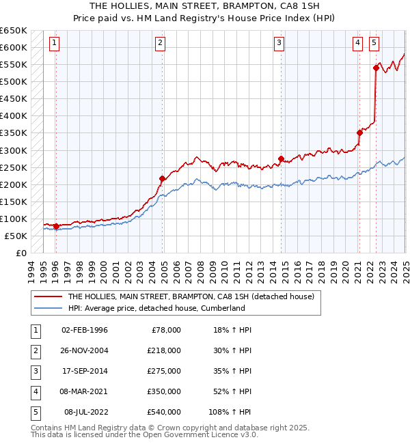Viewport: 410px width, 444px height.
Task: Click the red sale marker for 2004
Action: [162, 179]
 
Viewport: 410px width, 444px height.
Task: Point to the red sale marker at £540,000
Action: [376, 67]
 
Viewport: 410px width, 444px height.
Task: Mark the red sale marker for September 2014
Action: [281, 158]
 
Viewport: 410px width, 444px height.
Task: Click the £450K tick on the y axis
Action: [14, 99]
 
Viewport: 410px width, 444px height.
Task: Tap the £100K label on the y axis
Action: [14, 219]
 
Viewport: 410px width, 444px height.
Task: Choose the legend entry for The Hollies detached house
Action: [190, 296]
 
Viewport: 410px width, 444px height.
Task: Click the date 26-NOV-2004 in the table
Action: [85, 350]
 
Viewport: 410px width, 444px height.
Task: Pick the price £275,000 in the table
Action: [164, 371]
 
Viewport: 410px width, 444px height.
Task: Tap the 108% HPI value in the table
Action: [230, 412]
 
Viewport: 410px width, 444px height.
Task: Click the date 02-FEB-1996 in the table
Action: [85, 330]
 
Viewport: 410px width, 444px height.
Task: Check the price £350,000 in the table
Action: [164, 391]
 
